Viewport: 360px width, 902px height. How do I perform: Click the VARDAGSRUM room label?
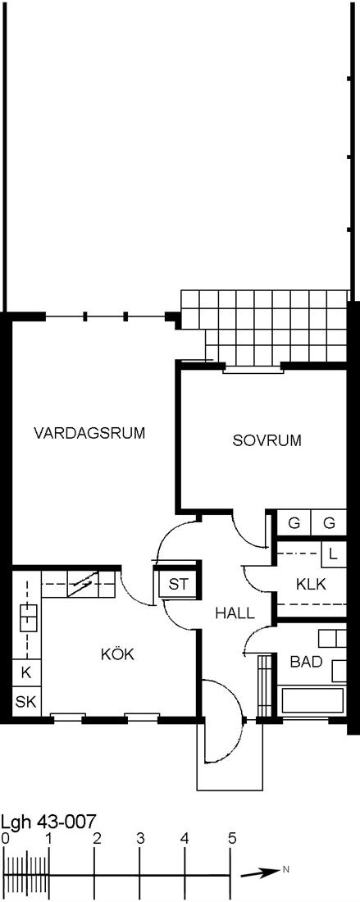tap(89, 433)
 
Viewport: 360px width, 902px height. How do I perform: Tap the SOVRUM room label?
tap(267, 440)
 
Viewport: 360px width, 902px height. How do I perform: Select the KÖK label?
tap(117, 654)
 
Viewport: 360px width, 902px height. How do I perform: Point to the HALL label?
tap(235, 613)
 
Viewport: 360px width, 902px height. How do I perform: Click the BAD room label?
tap(306, 662)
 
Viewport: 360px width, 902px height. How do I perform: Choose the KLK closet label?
tap(311, 585)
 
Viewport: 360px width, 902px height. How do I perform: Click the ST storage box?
tap(178, 585)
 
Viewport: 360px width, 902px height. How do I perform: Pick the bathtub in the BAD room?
tap(313, 699)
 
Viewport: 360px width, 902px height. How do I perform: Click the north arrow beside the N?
tap(260, 873)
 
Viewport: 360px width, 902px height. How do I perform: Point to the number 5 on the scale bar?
tap(232, 838)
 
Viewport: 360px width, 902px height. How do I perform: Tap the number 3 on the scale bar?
tap(140, 838)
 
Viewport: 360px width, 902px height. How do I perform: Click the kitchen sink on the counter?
tap(27, 617)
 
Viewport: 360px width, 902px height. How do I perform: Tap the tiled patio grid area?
tap(265, 325)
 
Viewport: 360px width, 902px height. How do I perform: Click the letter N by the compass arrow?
tap(285, 870)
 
